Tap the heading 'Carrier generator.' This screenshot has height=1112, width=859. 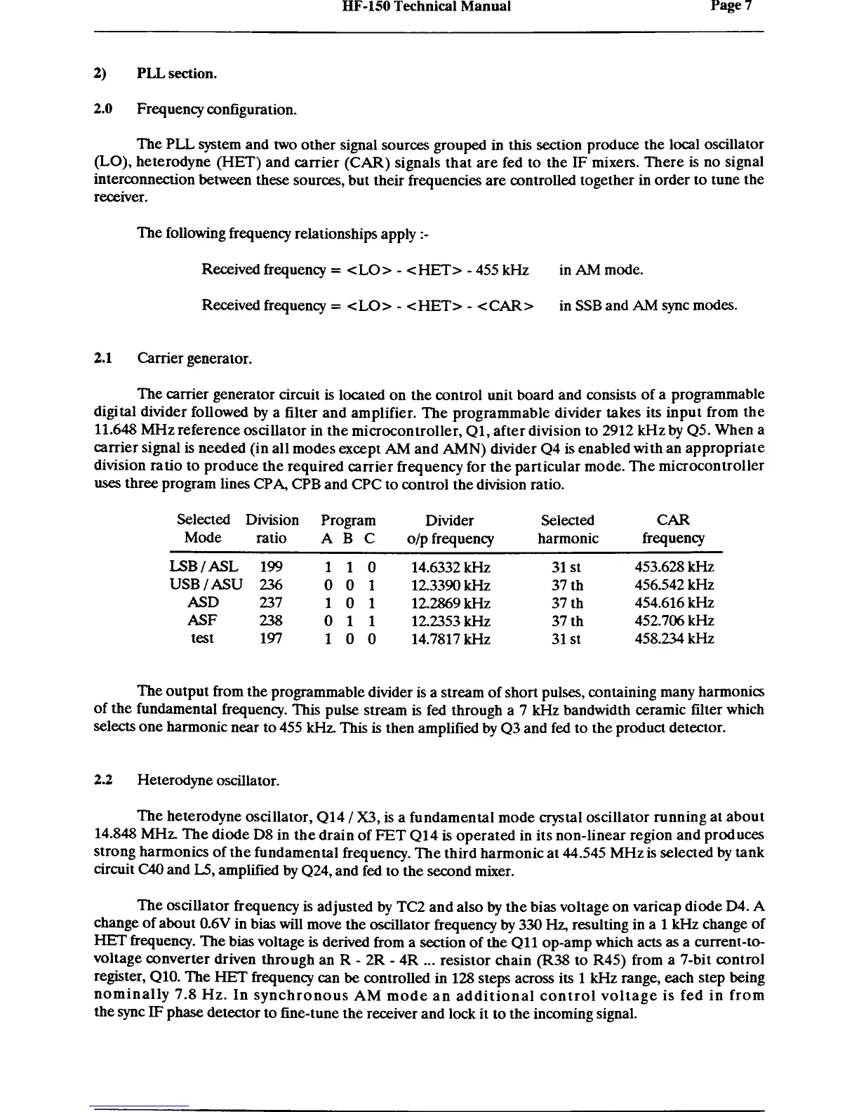click(194, 359)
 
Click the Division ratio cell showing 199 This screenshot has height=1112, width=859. click(271, 567)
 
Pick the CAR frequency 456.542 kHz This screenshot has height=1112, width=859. click(674, 585)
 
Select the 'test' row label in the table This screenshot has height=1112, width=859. click(202, 639)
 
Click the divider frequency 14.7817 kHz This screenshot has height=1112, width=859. click(451, 640)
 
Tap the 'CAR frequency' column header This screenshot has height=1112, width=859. click(673, 529)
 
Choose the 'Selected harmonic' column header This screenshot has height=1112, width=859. click(568, 529)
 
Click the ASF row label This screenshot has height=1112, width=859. click(202, 621)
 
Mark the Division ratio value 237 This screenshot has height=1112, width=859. click(271, 603)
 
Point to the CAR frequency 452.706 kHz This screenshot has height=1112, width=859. click(674, 621)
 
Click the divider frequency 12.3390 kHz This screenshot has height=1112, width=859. click(451, 585)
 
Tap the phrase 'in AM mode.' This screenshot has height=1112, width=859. click(601, 270)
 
